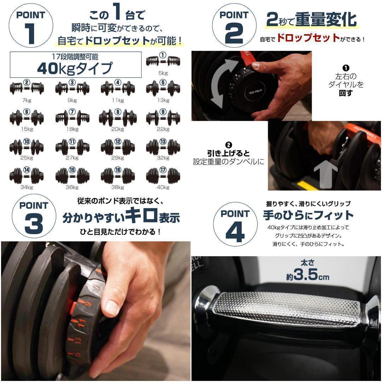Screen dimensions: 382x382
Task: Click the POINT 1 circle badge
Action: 31,26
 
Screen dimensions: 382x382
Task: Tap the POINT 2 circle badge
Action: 233,26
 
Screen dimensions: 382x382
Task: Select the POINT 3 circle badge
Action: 34,217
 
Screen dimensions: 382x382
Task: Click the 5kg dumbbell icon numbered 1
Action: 163,61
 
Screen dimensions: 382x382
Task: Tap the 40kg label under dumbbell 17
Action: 163,187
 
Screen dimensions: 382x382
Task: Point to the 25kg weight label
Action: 27,158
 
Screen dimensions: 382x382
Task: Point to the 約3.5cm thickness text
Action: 308,274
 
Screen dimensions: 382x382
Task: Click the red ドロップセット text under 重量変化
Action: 308,38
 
